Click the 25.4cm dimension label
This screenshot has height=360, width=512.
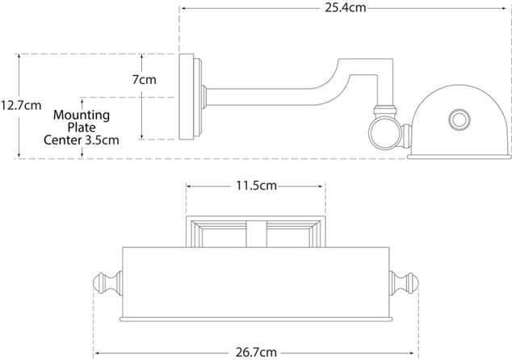click(344, 10)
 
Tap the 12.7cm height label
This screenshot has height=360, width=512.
click(21, 104)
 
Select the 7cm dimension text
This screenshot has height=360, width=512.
click(145, 79)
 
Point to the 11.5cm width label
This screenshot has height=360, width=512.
click(256, 186)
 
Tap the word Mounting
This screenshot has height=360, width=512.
click(82, 115)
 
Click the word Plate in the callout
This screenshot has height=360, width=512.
click(82, 127)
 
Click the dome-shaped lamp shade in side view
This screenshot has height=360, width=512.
click(456, 121)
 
